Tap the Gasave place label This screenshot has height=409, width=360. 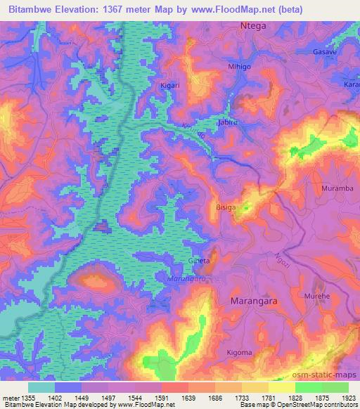pos(325,53)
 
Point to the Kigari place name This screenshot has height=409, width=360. pos(171,85)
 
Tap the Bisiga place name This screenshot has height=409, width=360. pos(226,208)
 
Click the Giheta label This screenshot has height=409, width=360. pos(199,261)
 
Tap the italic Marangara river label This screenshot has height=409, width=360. pos(187,278)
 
